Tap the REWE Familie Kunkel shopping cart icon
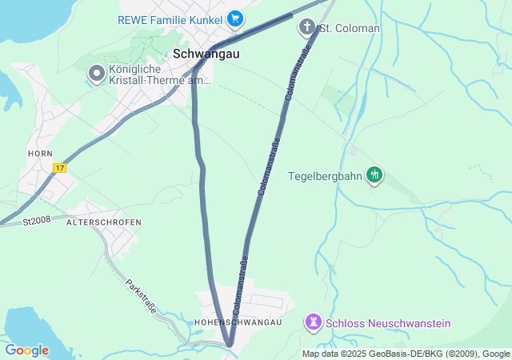(235, 18)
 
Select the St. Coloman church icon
(306, 28)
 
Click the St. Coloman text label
(350, 29)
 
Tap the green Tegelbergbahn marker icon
(374, 174)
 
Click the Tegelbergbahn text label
(324, 174)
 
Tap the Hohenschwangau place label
(238, 322)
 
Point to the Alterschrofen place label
(110, 222)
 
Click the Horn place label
(40, 153)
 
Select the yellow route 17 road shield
(59, 168)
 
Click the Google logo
(26, 350)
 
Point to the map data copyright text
(406, 354)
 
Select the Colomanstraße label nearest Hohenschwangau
(239, 284)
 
